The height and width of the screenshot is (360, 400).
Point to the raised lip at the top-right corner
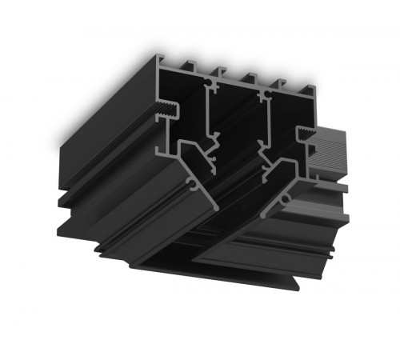coord(306,89)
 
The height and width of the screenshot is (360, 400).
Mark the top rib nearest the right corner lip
coord(281,83)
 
